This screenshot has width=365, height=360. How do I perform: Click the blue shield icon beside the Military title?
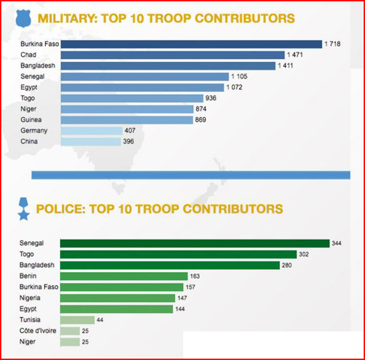click(x=24, y=18)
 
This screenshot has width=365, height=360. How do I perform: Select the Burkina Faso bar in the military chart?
click(x=191, y=44)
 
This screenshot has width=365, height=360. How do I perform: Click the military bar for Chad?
click(x=173, y=55)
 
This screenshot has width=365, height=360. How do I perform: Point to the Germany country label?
click(x=34, y=130)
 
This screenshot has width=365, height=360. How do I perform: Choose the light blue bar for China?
click(x=91, y=142)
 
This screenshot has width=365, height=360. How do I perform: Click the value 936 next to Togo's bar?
click(x=211, y=98)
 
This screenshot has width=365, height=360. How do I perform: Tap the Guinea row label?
click(x=31, y=120)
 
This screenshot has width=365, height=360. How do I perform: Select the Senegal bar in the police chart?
click(x=195, y=243)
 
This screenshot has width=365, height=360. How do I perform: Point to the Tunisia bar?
click(x=77, y=320)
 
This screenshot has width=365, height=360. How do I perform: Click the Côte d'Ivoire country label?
click(x=38, y=331)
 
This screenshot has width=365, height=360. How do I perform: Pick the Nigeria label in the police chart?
click(x=30, y=298)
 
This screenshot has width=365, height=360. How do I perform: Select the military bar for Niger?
click(x=127, y=109)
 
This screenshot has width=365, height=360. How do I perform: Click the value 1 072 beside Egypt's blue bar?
click(x=234, y=88)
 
